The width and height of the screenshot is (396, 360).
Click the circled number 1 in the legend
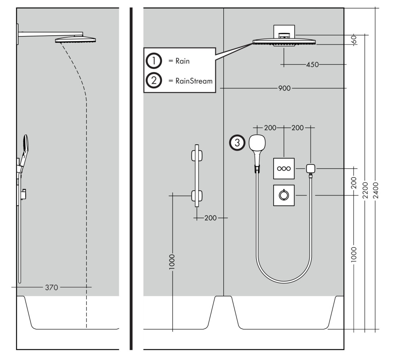154,61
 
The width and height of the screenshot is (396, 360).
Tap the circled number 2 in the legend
154,80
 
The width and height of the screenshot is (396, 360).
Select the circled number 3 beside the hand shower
237,143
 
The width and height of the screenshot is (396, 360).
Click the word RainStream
194,81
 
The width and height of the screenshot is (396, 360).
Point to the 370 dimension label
51,287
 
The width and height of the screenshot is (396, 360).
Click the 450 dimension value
312,65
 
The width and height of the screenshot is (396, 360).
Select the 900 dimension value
284,88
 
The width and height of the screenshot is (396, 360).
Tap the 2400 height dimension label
376,190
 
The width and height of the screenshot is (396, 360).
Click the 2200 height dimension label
365,190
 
